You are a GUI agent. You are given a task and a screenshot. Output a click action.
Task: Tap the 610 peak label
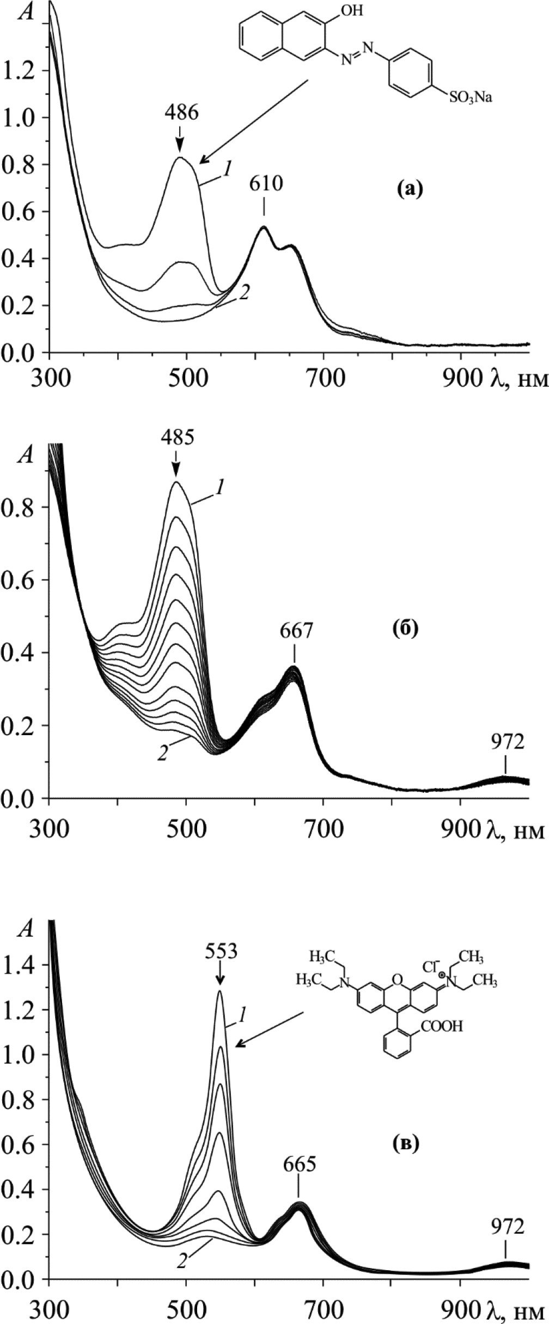pyautogui.click(x=266, y=184)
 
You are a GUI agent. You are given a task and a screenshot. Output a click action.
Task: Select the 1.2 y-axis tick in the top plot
pyautogui.click(x=19, y=70)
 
